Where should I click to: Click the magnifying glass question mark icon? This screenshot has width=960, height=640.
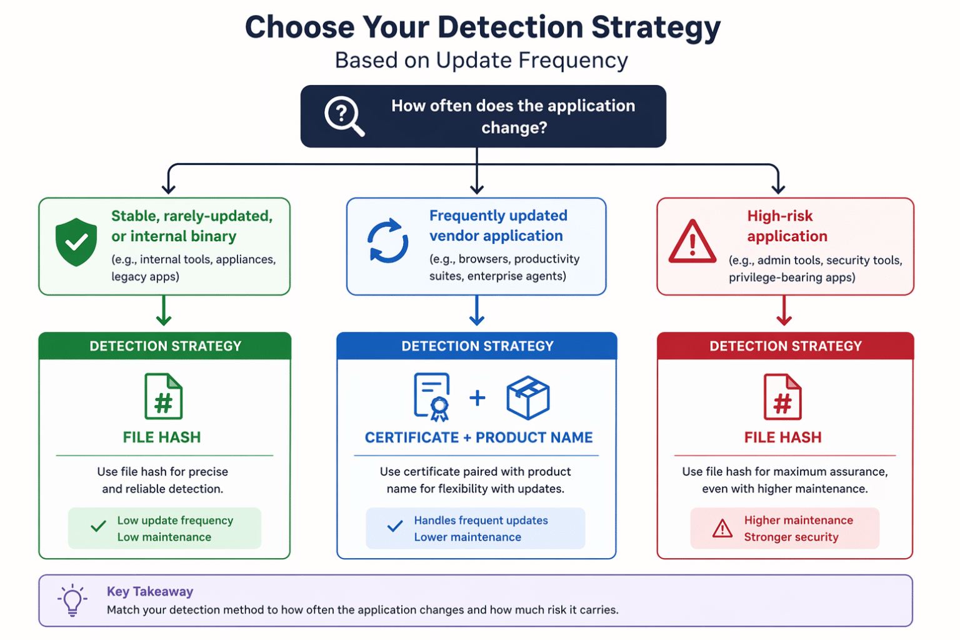coord(344,116)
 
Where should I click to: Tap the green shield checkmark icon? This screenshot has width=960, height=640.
coord(76,242)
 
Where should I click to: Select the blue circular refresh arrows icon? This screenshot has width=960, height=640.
coord(387,241)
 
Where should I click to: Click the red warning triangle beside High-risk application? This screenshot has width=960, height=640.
coord(692,241)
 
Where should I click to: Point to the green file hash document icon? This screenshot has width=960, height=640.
coord(163,396)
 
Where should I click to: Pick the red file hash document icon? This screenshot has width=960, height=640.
coord(782,397)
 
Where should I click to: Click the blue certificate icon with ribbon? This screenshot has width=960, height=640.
coord(432,397)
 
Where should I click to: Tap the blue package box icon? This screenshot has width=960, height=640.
coord(528,397)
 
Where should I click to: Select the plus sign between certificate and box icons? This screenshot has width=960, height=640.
coord(477,398)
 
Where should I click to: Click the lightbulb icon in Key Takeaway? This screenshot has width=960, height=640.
coord(72,600)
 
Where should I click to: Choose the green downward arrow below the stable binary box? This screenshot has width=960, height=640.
coord(164,311)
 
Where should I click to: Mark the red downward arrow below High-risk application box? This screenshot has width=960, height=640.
coord(784,311)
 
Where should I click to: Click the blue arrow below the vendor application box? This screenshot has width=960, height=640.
coord(477,311)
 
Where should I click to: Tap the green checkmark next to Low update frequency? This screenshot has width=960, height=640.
coord(99,526)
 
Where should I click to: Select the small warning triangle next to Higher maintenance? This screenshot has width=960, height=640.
coord(722,528)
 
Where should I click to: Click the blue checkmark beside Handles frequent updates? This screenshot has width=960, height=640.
coord(395,526)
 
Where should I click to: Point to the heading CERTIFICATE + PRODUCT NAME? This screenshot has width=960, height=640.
coord(479,437)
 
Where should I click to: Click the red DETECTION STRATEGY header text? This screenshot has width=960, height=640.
coord(786,346)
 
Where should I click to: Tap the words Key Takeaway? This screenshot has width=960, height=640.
coord(150,591)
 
